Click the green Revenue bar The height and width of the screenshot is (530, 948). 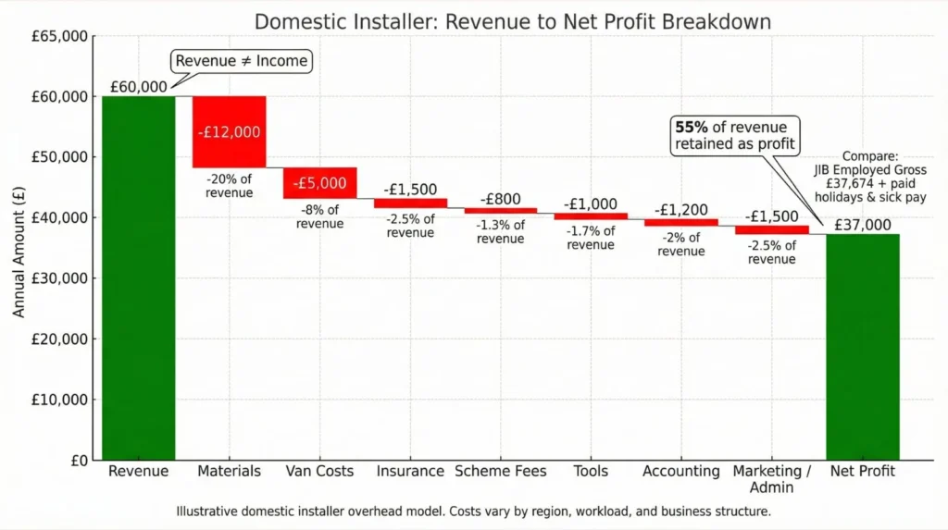138,277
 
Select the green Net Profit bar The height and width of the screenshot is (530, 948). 863,347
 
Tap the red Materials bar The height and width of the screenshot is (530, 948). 229,131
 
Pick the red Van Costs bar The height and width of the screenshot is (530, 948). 319,183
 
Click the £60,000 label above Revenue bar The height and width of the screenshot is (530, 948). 138,87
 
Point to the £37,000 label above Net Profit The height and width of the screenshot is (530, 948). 863,225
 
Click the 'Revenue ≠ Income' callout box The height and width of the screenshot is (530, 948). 241,61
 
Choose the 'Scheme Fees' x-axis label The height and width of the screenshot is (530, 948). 501,472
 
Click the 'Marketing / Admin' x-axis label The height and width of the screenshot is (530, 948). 772,479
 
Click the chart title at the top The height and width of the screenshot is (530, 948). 512,20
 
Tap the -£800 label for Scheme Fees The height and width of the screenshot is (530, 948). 500,199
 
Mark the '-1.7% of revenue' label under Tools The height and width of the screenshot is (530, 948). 591,238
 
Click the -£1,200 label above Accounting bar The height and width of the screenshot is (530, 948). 680,210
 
